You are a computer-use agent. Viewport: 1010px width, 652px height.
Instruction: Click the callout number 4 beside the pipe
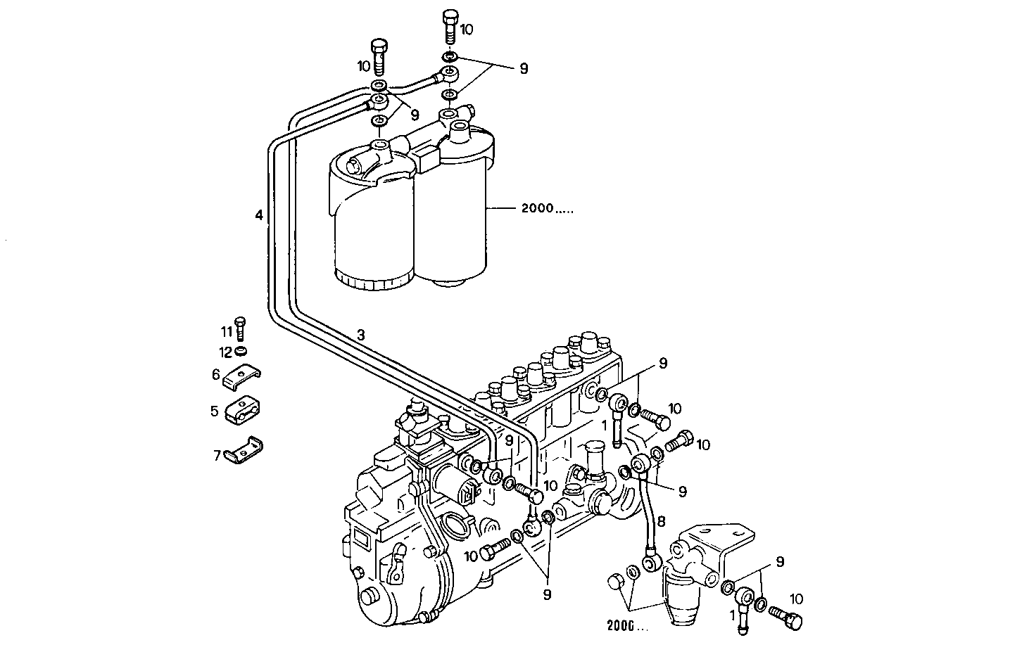260,215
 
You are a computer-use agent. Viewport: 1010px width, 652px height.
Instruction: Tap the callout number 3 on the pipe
360,335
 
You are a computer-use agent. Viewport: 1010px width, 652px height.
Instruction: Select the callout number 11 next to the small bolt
226,331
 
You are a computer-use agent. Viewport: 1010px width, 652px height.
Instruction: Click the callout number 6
216,375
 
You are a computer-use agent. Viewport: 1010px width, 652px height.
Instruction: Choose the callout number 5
215,411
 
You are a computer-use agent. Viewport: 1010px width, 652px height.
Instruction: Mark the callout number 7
217,455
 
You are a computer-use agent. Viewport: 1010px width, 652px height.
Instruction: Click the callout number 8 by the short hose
660,521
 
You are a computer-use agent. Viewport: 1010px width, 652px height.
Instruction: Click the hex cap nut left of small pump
614,582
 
